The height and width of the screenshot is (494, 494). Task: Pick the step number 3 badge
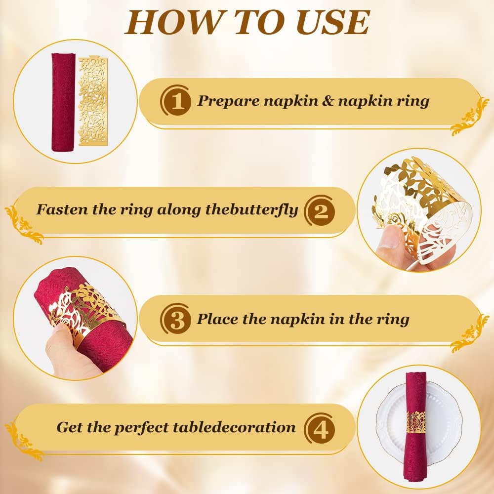pos(176,320)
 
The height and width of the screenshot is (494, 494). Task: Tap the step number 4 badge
pos(320,428)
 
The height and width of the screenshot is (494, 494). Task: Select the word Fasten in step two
pos(62,209)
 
